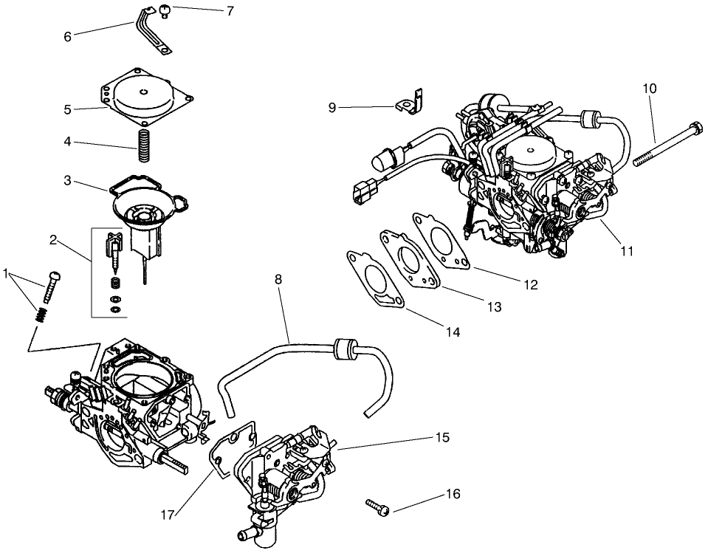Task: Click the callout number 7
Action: click(x=230, y=11)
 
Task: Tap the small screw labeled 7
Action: click(x=165, y=10)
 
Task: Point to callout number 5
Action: click(x=67, y=109)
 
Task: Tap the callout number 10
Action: click(x=649, y=89)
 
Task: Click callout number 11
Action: click(x=627, y=251)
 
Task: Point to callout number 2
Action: click(x=53, y=239)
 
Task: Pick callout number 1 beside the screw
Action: click(x=7, y=274)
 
